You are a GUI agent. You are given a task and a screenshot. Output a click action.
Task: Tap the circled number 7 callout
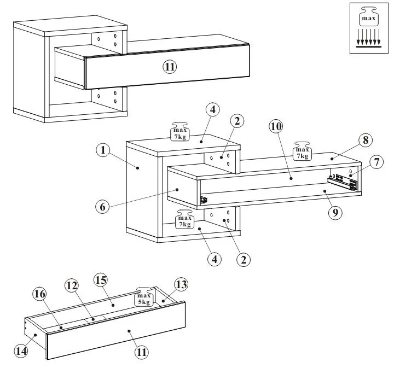tap(375, 162)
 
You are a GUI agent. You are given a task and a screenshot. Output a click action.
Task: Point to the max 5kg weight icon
tap(143, 296)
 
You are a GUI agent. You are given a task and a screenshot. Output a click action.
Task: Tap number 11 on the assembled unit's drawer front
tap(170, 67)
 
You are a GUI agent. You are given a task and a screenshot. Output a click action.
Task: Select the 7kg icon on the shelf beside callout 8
tap(302, 151)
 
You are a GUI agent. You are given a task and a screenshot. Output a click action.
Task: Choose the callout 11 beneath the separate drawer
tap(142, 352)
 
